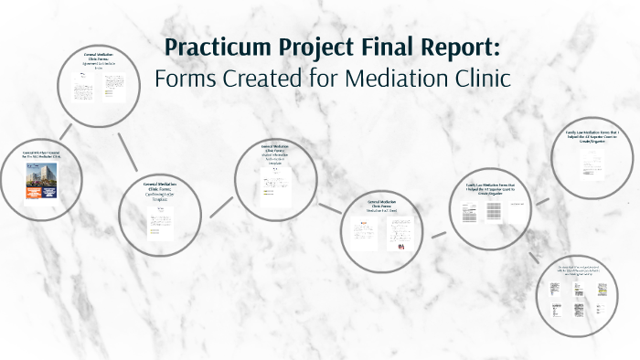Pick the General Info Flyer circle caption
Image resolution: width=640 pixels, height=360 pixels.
coord(40,157)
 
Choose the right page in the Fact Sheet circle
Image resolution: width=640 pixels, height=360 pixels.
coord(399,235)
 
